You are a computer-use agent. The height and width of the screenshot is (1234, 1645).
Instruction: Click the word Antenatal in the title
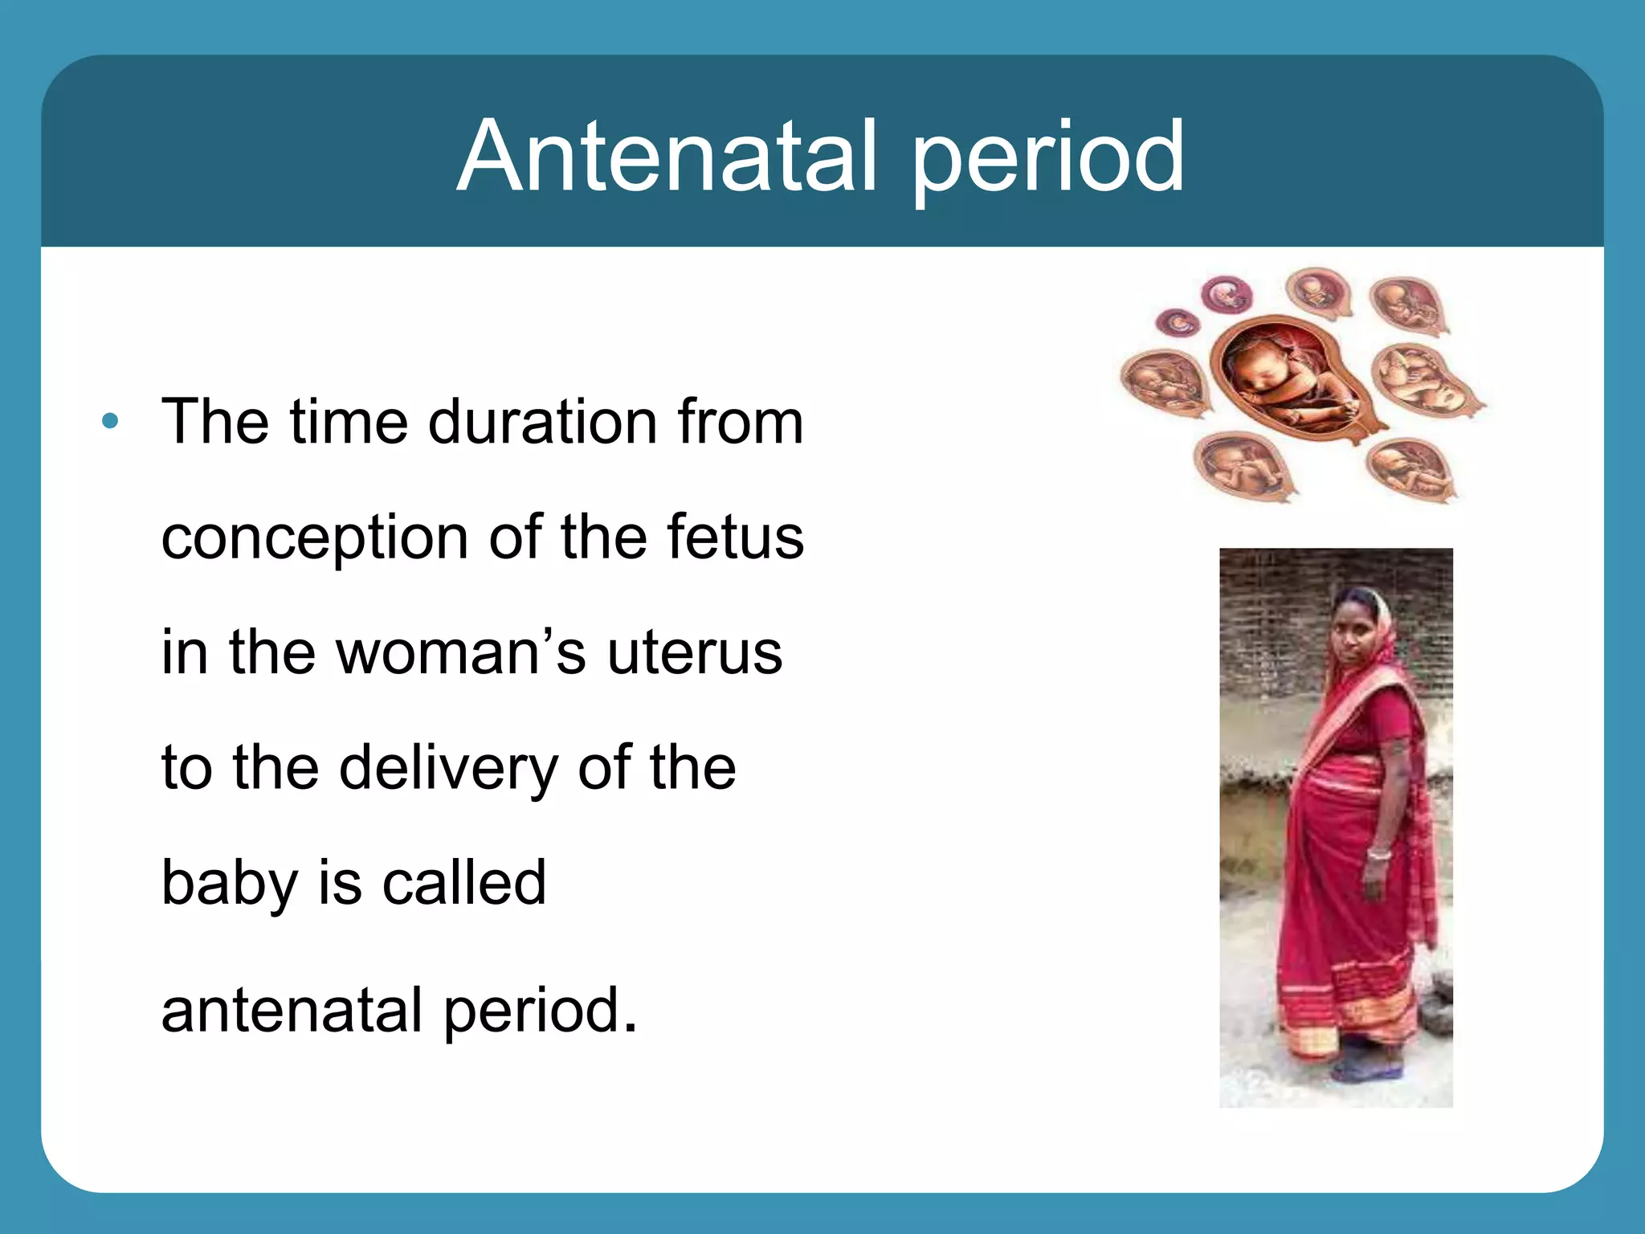click(x=667, y=157)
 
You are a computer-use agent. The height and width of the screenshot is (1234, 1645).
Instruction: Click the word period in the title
click(x=1047, y=161)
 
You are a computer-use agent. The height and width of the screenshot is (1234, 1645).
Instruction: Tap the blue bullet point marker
click(x=110, y=421)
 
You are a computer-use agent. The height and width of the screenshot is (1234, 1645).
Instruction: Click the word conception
click(x=314, y=538)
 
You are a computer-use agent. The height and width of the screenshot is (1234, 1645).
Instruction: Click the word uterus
click(x=694, y=652)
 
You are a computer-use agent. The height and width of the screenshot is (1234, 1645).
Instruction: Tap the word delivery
click(x=448, y=769)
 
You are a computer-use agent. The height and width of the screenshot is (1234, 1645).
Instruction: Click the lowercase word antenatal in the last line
click(x=292, y=1010)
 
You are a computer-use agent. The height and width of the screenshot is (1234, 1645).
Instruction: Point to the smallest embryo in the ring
click(x=1178, y=323)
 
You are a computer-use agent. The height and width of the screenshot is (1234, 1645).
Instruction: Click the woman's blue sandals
click(x=1365, y=1069)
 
